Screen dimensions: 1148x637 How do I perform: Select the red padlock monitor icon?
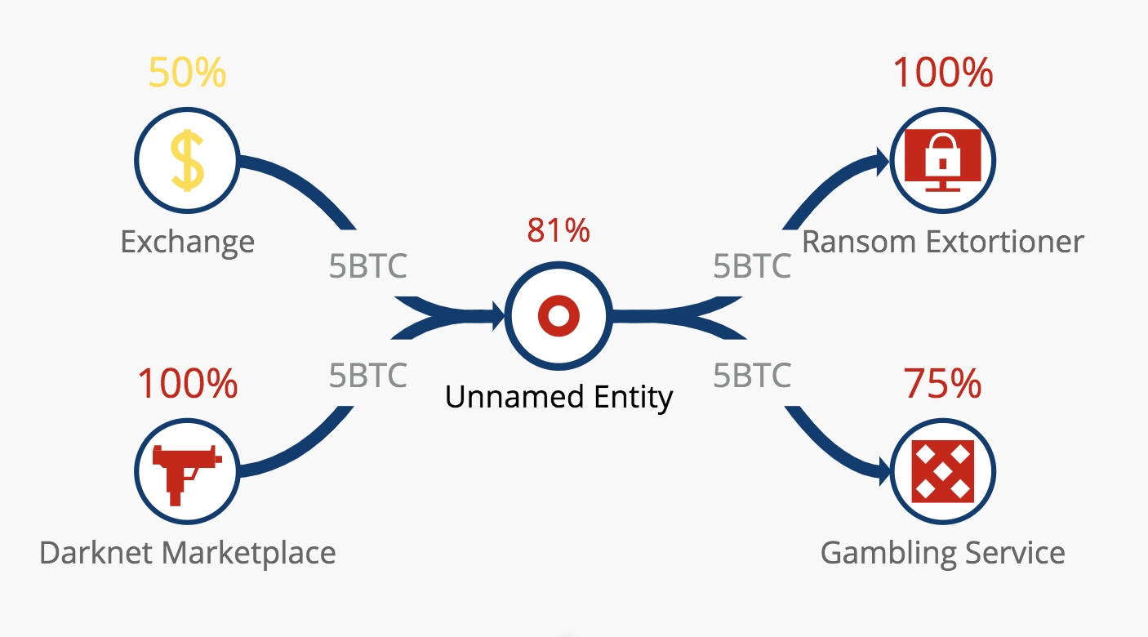[x=941, y=160]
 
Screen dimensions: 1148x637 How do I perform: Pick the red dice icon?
[x=942, y=472]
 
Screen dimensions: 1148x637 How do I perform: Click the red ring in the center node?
[x=558, y=315]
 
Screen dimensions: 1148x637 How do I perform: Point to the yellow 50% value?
[x=187, y=73]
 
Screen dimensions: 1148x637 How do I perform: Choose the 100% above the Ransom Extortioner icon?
[x=942, y=73]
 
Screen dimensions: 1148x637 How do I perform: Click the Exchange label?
[x=187, y=242]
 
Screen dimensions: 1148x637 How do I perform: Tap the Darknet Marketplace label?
[x=187, y=553]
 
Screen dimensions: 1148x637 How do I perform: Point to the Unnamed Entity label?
[x=558, y=397]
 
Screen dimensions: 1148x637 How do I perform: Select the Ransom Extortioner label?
[x=942, y=242]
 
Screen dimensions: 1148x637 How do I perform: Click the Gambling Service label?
[x=942, y=553]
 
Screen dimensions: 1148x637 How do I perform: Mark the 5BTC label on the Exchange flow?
[x=367, y=266]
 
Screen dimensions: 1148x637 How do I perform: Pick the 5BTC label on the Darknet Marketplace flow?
[x=367, y=375]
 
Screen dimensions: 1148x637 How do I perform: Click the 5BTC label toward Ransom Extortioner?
[x=751, y=266]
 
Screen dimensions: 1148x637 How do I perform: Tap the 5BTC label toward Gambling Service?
[x=751, y=375]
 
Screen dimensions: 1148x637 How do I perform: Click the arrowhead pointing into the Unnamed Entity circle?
[x=496, y=315]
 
